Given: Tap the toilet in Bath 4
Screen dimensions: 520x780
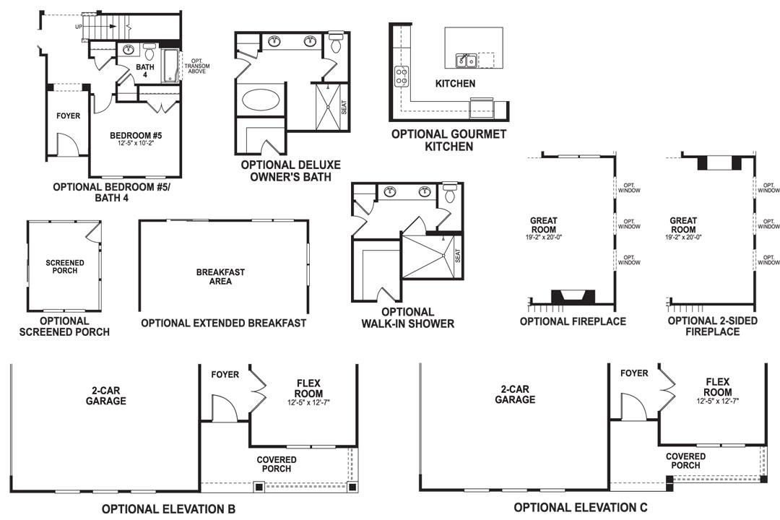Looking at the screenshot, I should [149, 52].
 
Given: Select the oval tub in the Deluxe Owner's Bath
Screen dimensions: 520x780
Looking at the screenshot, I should [261, 99].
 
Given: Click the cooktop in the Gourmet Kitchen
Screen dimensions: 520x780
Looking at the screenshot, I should [402, 76].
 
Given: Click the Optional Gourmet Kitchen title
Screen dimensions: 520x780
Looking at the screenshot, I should [448, 140].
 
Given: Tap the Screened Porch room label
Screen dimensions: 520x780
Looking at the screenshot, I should [64, 266].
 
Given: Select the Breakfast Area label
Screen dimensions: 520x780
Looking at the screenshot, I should [220, 277].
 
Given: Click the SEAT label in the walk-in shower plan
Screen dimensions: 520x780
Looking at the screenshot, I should [457, 255].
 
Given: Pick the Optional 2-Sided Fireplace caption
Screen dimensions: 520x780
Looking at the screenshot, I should [713, 326].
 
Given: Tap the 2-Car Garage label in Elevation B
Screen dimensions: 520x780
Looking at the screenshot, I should [105, 396].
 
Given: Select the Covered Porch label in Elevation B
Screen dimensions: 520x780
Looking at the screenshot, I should [276, 464].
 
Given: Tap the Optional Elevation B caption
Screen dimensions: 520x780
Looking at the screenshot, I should [168, 509].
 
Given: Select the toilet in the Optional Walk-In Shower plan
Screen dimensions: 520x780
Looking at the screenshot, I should [450, 192].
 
